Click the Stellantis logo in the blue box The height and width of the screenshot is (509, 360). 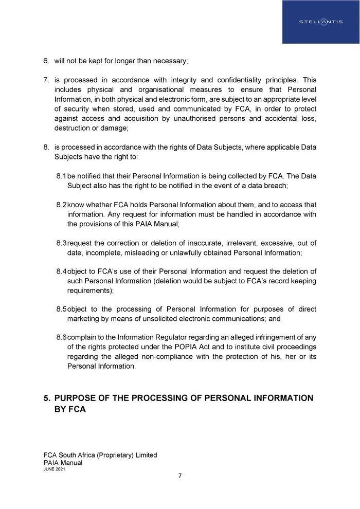pos(321,22)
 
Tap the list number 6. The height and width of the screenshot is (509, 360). pos(46,61)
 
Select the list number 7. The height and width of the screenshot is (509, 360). pos(46,80)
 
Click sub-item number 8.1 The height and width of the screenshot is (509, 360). pos(61,176)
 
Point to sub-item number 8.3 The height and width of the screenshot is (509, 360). pos(61,243)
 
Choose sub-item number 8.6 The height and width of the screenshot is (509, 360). pos(61,337)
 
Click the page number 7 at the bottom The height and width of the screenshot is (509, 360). pos(180,476)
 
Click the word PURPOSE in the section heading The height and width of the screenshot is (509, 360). pos(80,398)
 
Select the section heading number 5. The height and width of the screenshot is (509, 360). pos(47,398)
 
